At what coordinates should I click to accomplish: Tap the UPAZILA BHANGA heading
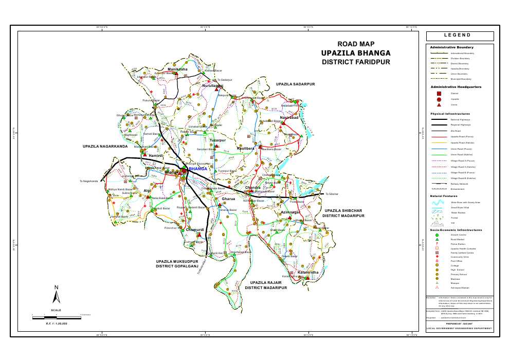356,53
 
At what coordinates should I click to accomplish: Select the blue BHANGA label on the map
198,169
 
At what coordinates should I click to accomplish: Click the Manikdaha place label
177,69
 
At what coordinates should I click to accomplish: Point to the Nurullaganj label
212,85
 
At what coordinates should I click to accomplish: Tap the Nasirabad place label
289,118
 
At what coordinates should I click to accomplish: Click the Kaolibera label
245,148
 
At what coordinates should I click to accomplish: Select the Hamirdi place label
156,155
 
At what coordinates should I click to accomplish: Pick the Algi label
148,190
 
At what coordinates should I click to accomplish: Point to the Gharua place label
228,199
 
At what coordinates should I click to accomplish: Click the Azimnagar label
290,212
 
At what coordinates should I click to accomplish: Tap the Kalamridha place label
308,272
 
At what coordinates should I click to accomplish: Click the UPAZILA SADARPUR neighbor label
295,84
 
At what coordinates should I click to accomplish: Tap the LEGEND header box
460,36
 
